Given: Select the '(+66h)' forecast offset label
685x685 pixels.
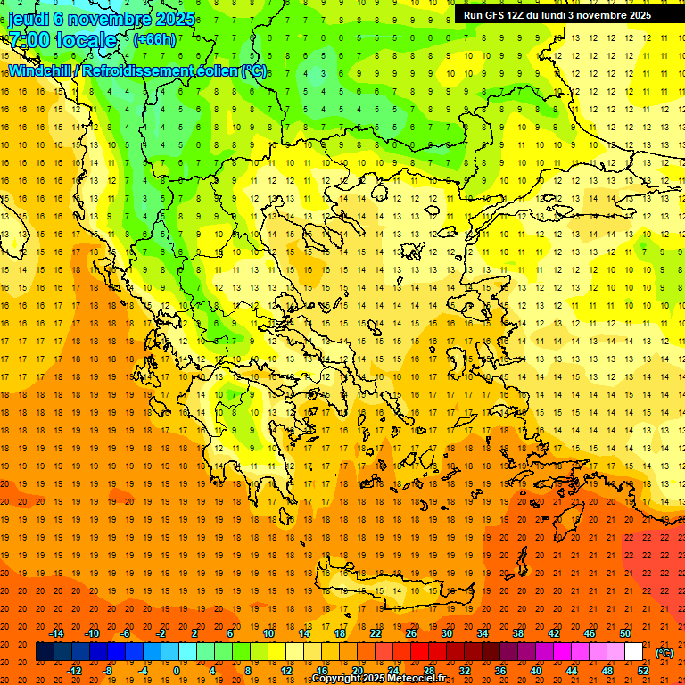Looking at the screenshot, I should click(x=154, y=39).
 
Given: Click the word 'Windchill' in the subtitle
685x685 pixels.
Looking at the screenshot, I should click(x=43, y=70).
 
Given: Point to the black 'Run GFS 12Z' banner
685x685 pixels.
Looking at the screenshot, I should click(x=557, y=15).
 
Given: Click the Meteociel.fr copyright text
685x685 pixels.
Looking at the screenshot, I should click(x=378, y=679).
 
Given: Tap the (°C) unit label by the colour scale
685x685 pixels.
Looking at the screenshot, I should click(x=664, y=653).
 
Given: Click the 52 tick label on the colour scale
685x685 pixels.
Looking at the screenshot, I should click(x=643, y=671).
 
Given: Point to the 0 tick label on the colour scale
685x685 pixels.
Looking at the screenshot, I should click(x=177, y=671).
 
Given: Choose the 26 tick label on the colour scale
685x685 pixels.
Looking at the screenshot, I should click(x=411, y=633).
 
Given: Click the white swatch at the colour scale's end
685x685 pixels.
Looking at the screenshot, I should click(x=634, y=652).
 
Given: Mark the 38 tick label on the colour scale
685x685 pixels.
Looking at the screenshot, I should click(x=518, y=633).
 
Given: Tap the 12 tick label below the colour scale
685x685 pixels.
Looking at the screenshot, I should click(x=286, y=671).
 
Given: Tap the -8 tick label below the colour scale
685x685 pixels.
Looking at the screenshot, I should click(x=107, y=671).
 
